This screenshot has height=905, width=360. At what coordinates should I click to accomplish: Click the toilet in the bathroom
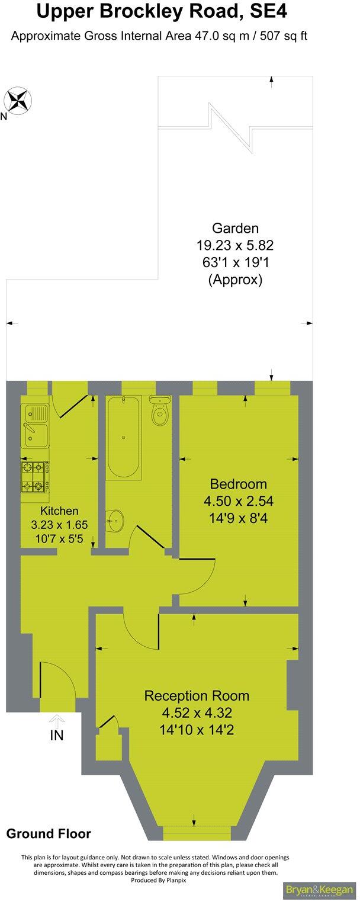tap(160, 411)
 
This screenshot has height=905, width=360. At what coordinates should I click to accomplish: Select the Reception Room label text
tap(197, 695)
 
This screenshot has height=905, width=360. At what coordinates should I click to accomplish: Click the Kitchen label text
tap(59, 511)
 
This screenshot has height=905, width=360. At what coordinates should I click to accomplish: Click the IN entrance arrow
tap(57, 721)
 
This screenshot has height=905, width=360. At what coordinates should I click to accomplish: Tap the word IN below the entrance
tap(57, 736)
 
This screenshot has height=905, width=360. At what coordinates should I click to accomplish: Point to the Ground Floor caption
tap(49, 834)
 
